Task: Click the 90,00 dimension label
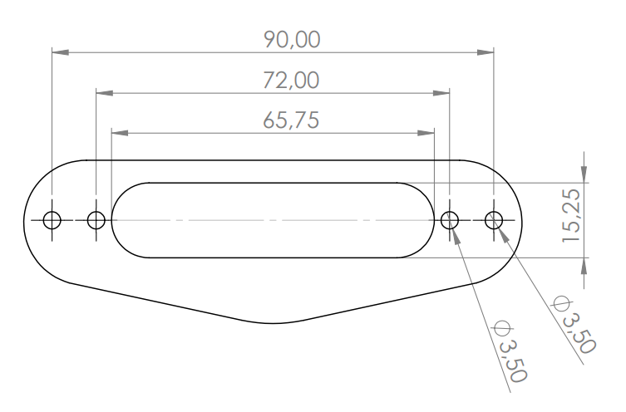292,40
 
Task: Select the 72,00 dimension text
291,81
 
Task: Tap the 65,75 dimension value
291,120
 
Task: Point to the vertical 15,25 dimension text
571,215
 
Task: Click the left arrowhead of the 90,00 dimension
61,52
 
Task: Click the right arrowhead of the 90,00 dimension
486,52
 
